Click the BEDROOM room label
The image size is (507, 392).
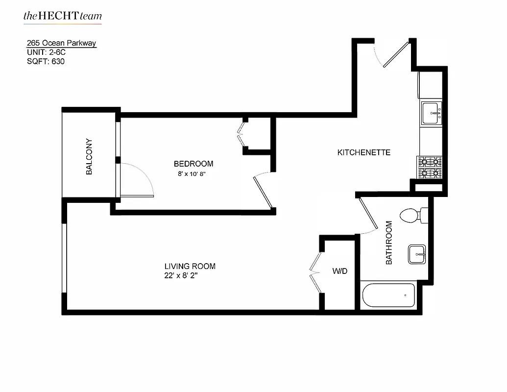click(193, 164)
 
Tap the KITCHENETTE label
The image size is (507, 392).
click(364, 152)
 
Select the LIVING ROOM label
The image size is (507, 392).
click(190, 266)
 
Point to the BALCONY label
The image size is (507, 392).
click(89, 157)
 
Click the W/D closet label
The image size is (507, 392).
click(339, 270)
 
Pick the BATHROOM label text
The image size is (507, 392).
click(389, 243)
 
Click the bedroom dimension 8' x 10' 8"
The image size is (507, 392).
click(191, 174)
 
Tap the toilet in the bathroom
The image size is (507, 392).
click(412, 215)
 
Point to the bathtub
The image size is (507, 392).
click(389, 295)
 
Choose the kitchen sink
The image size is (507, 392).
click(432, 113)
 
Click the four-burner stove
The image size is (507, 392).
click(430, 167)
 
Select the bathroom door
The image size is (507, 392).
click(368, 214)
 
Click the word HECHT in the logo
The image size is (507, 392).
click(53, 16)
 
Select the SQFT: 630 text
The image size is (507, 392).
click(46, 62)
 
